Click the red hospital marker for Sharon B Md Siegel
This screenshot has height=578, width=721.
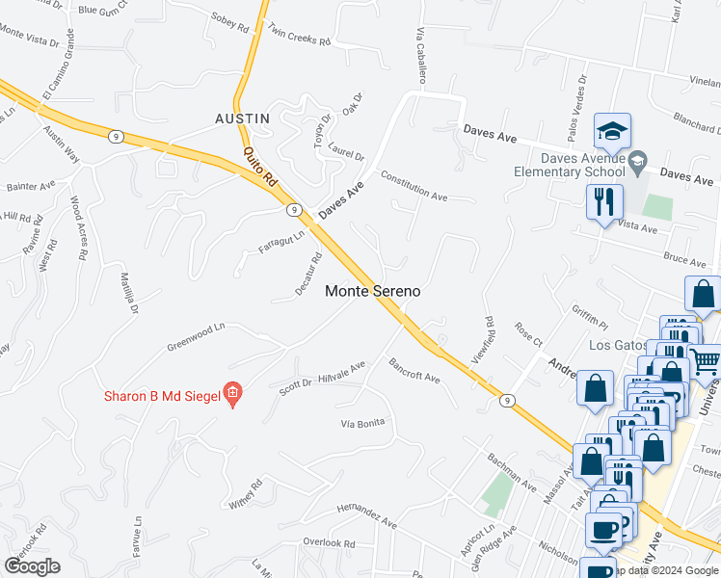[231, 393]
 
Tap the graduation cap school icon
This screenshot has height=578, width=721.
[612, 131]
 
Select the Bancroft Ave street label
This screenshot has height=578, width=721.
[414, 371]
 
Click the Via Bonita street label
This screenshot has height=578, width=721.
[363, 423]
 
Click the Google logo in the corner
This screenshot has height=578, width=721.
[32, 566]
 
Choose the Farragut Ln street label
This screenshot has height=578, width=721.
[281, 241]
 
